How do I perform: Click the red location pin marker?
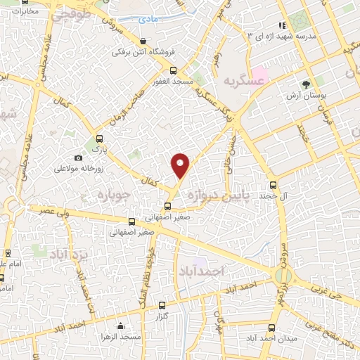(181, 166)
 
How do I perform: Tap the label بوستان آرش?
(304, 94)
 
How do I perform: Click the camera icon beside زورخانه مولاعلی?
(78, 158)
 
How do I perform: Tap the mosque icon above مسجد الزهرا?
(121, 326)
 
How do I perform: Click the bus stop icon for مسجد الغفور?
(174, 70)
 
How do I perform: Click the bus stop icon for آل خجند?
(274, 186)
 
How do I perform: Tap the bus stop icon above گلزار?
(163, 306)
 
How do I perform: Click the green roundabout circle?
(284, 275)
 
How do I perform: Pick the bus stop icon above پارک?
(100, 139)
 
